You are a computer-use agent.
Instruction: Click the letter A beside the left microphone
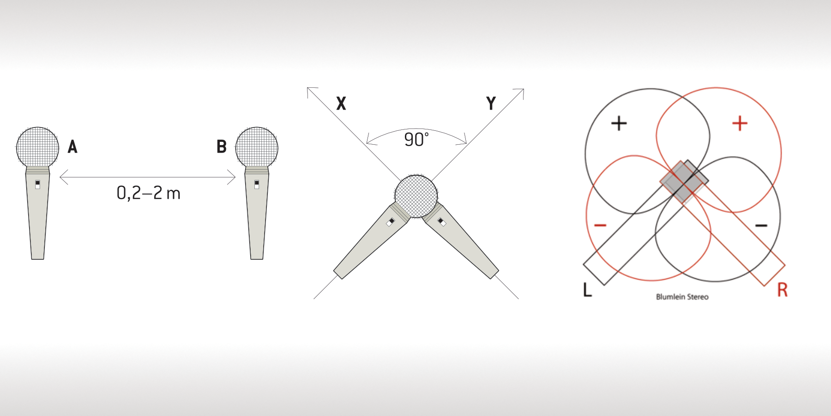pyautogui.click(x=72, y=147)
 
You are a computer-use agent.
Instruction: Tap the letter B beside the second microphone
pyautogui.click(x=222, y=147)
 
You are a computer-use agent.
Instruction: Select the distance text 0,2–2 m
pyautogui.click(x=148, y=193)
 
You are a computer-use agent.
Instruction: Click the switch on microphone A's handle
pyautogui.click(x=37, y=184)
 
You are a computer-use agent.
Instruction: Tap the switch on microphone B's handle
pyautogui.click(x=257, y=184)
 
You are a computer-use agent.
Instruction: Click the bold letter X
pyautogui.click(x=341, y=103)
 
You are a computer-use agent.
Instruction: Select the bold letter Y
pyautogui.click(x=491, y=103)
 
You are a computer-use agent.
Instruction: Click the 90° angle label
pyautogui.click(x=416, y=140)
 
